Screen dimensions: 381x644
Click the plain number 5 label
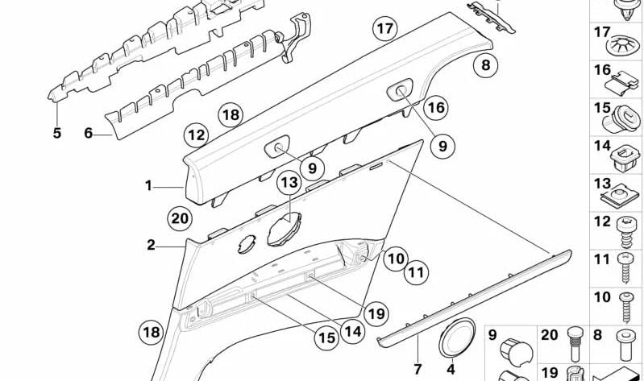point(56,133)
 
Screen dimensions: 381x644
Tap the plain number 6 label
point(89,133)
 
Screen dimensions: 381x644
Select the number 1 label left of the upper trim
point(148,186)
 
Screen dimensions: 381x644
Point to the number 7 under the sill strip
point(418,370)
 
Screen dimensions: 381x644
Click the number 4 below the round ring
point(451,370)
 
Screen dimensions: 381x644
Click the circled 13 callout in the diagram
point(289,184)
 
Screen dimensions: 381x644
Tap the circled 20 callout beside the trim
point(181,218)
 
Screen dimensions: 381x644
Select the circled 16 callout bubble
point(435,107)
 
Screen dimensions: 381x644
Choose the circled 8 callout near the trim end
point(485,66)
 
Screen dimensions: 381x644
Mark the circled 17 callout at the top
point(385,30)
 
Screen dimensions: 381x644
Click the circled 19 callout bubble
point(376,313)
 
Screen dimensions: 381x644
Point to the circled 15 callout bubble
point(326,338)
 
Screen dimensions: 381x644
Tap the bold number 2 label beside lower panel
point(151,245)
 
